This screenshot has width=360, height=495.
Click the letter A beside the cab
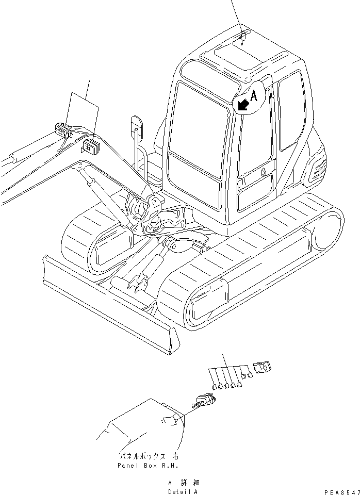click(x=253, y=94)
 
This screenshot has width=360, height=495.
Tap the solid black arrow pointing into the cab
click(x=242, y=105)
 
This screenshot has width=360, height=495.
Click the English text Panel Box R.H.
click(x=148, y=466)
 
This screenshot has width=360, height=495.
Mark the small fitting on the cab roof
click(x=243, y=36)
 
